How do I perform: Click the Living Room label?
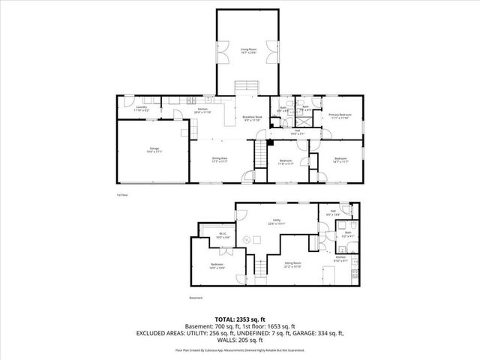[x=248, y=50]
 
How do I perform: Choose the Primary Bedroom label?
[x=340, y=116]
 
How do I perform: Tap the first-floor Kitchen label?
[x=202, y=111]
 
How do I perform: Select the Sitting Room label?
[x=293, y=264]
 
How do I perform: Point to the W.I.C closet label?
[x=223, y=235]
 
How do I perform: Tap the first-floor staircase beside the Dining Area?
[x=260, y=156]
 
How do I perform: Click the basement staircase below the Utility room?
[x=259, y=265]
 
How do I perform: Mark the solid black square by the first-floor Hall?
[x=271, y=140]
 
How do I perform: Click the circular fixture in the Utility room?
[x=244, y=239]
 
